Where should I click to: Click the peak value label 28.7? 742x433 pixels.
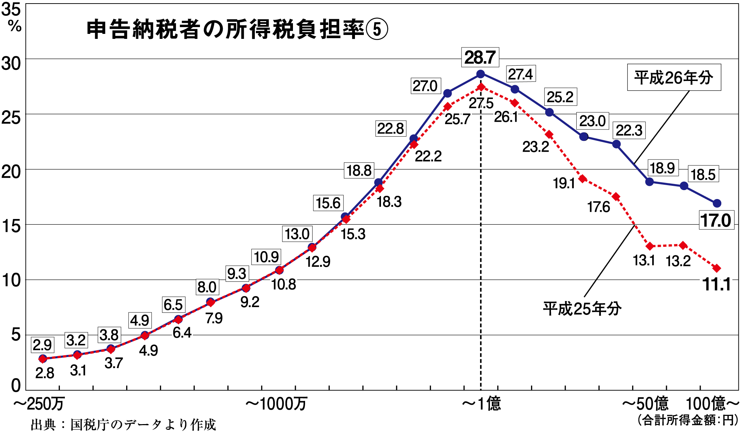(x=480, y=57)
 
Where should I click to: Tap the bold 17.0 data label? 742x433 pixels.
(x=716, y=220)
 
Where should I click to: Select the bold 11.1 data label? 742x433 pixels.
(x=716, y=284)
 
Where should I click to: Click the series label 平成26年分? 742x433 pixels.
(x=674, y=77)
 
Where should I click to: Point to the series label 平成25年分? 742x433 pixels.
(x=582, y=309)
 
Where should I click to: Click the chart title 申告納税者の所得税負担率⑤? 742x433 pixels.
(x=237, y=29)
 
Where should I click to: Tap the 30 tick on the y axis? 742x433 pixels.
(x=11, y=63)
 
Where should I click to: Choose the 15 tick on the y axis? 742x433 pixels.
(x=11, y=226)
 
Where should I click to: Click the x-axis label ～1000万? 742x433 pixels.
(x=276, y=404)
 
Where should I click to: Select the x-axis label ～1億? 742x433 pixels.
(x=481, y=404)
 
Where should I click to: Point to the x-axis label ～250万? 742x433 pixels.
(x=38, y=404)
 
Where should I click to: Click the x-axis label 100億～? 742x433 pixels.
(x=712, y=404)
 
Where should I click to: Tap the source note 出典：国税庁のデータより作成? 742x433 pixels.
(x=123, y=425)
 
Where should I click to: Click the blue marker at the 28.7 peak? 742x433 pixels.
(x=480, y=74)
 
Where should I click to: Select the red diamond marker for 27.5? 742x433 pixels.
(x=481, y=87)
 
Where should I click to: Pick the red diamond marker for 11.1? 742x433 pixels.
(x=716, y=268)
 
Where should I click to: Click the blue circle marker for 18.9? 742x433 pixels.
(x=649, y=182)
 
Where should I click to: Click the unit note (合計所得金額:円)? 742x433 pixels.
(x=688, y=420)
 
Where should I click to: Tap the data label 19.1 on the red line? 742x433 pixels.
(x=564, y=183)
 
